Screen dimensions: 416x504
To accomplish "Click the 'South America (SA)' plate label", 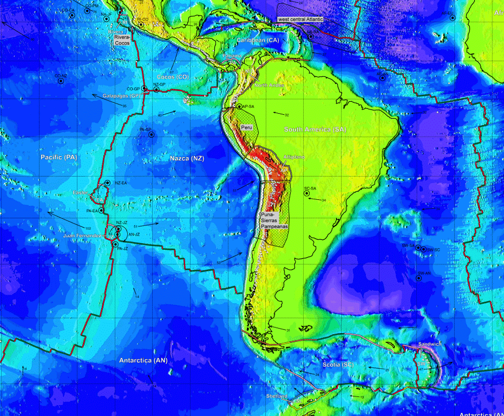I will click(x=315, y=129).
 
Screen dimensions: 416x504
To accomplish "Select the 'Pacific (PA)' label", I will click(x=60, y=157).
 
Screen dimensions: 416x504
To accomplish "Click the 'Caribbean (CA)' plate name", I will click(x=258, y=40).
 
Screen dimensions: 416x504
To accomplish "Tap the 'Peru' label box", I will click(x=247, y=126).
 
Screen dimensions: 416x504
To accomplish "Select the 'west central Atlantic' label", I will click(x=300, y=19).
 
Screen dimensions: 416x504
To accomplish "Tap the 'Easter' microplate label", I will click(x=81, y=193).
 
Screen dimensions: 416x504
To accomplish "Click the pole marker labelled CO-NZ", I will click(x=61, y=81).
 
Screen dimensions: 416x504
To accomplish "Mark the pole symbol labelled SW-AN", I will click(x=419, y=278).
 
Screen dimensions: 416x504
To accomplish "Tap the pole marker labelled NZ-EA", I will click(x=108, y=183).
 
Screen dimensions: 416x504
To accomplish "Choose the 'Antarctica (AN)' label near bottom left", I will click(x=143, y=360).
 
